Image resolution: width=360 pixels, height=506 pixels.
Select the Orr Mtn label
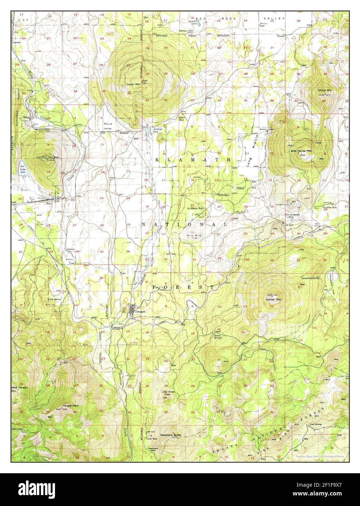point(54,157)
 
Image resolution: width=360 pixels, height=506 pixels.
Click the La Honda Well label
point(195,209)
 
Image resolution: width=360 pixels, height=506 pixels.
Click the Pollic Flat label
point(70,261)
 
